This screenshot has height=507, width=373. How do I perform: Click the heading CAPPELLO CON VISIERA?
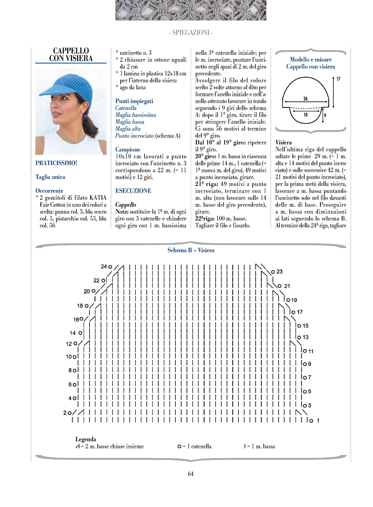click(x=71, y=54)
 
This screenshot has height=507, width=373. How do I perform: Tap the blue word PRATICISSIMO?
click(x=56, y=163)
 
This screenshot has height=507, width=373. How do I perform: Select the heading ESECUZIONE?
click(x=133, y=191)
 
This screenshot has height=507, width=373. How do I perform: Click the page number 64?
click(x=191, y=474)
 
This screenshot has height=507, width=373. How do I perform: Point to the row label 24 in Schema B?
click(x=104, y=267)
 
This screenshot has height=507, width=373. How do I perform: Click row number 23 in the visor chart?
click(x=279, y=272)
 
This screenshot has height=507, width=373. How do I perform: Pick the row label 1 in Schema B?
click(x=318, y=420)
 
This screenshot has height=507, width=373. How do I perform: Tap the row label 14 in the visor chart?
click(x=73, y=333)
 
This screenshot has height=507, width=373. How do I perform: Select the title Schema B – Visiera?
click(x=191, y=250)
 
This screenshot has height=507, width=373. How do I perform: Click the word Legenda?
click(x=86, y=439)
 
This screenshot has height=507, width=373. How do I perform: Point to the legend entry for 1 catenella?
click(x=195, y=446)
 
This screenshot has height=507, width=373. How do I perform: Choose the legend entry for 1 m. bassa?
click(x=260, y=446)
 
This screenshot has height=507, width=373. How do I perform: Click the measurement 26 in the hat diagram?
click(x=306, y=99)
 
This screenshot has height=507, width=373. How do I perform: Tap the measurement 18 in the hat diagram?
click(x=306, y=115)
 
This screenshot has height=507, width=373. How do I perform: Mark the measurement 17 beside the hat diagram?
click(x=338, y=79)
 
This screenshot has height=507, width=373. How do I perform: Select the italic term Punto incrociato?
click(x=134, y=135)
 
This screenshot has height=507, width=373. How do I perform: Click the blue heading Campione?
click(x=128, y=149)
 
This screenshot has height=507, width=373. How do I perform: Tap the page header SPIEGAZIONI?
click(x=191, y=32)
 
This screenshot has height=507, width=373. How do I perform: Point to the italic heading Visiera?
click(x=283, y=142)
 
